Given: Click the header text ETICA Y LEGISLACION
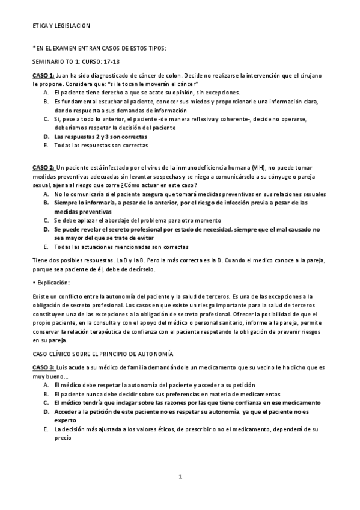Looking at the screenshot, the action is click(x=61, y=26).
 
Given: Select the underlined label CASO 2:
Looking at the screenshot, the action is click(x=43, y=166).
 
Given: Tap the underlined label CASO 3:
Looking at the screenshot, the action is click(x=43, y=367).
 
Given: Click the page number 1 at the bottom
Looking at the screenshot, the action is click(x=180, y=477).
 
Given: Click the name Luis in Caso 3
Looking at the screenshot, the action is click(x=63, y=367).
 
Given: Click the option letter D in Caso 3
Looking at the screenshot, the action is click(x=46, y=412).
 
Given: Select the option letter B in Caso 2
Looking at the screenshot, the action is click(x=46, y=203).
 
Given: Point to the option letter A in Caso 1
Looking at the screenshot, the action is click(x=46, y=92).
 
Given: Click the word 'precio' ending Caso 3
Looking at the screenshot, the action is click(x=63, y=438).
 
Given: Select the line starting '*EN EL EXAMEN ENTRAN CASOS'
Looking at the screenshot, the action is click(x=99, y=48).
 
